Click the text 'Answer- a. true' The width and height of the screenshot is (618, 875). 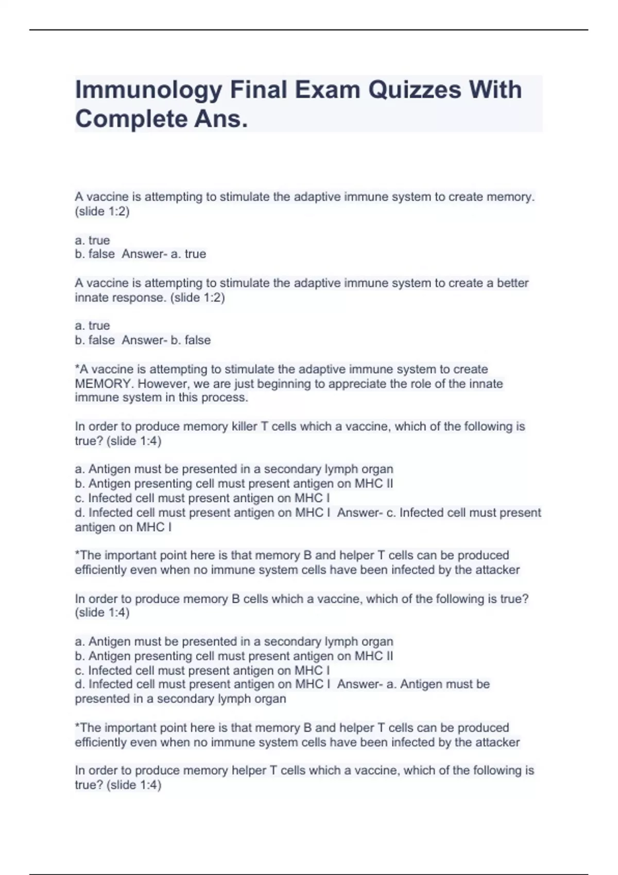coord(164,254)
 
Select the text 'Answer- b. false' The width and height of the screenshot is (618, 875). coord(166,340)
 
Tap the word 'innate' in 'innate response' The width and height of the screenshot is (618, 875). coord(91,297)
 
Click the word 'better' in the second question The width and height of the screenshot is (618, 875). coord(512,283)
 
